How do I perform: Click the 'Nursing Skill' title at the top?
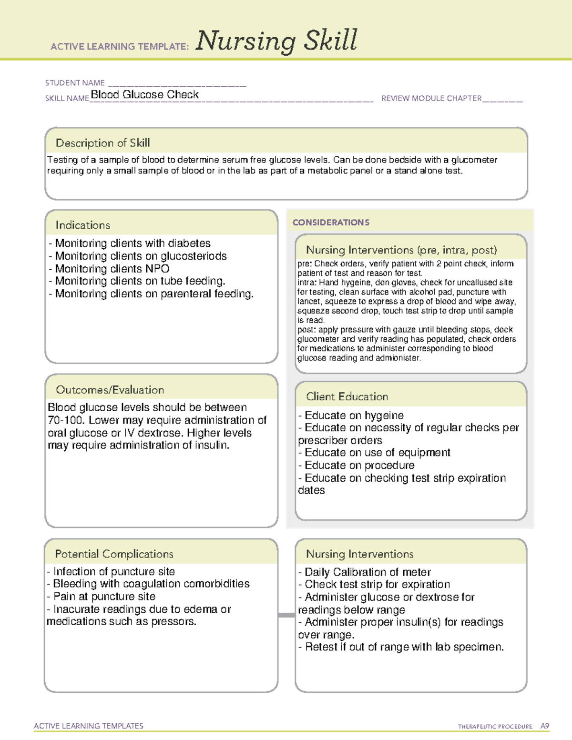pos(276,41)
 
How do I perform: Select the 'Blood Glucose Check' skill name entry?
pos(144,95)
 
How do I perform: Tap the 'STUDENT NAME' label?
pos(75,83)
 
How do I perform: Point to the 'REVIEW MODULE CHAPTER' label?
pos(431,98)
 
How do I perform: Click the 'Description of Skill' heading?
pos(102,143)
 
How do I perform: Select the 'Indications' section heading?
pos(82,225)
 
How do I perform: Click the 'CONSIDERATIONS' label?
pos(331,223)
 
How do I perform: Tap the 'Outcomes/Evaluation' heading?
pos(110,390)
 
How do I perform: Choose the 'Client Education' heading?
pos(347,396)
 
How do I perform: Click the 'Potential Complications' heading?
pos(114,554)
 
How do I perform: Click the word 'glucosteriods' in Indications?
pos(194,256)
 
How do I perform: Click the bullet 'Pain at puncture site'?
pos(104,597)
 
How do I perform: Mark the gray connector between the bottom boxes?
pos(286,615)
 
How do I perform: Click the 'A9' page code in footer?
pos(544,726)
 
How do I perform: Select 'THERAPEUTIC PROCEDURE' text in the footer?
pos(495,727)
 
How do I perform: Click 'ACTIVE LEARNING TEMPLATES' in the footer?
pos(89,726)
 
